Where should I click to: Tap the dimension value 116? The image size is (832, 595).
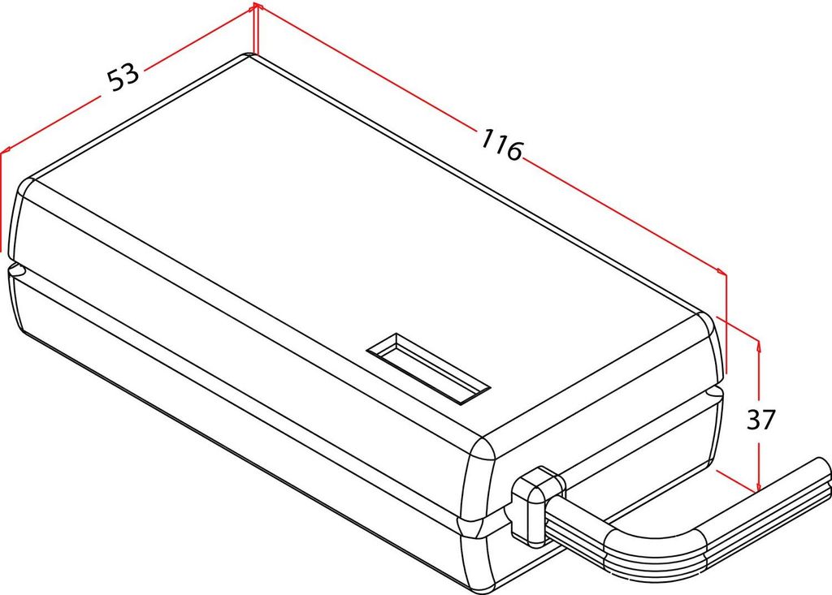tap(500, 144)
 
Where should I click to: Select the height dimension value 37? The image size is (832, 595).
tap(761, 420)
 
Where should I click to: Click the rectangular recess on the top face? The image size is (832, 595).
tap(428, 367)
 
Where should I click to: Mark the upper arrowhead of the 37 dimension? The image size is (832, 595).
tap(758, 345)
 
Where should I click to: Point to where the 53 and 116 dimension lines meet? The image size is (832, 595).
tap(256, 6)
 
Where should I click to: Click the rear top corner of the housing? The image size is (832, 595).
tap(249, 56)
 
